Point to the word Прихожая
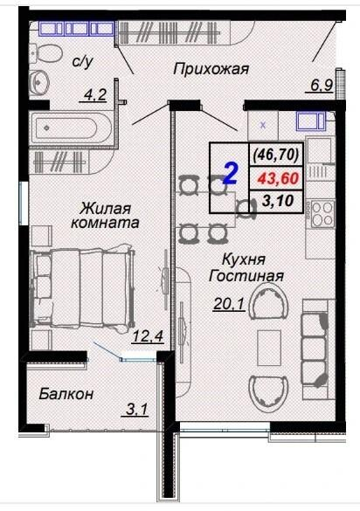[x=211, y=69]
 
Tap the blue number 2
[x=232, y=174]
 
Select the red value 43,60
[x=278, y=178]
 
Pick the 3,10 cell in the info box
[x=277, y=201]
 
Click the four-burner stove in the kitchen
[x=322, y=214]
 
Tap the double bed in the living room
[x=82, y=288]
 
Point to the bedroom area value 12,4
[x=147, y=336]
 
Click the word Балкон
[x=66, y=394]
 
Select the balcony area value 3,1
[x=136, y=410]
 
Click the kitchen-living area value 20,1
[x=229, y=304]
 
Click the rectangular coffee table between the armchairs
[x=269, y=348]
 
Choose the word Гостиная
[x=246, y=276]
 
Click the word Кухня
[x=244, y=260]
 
